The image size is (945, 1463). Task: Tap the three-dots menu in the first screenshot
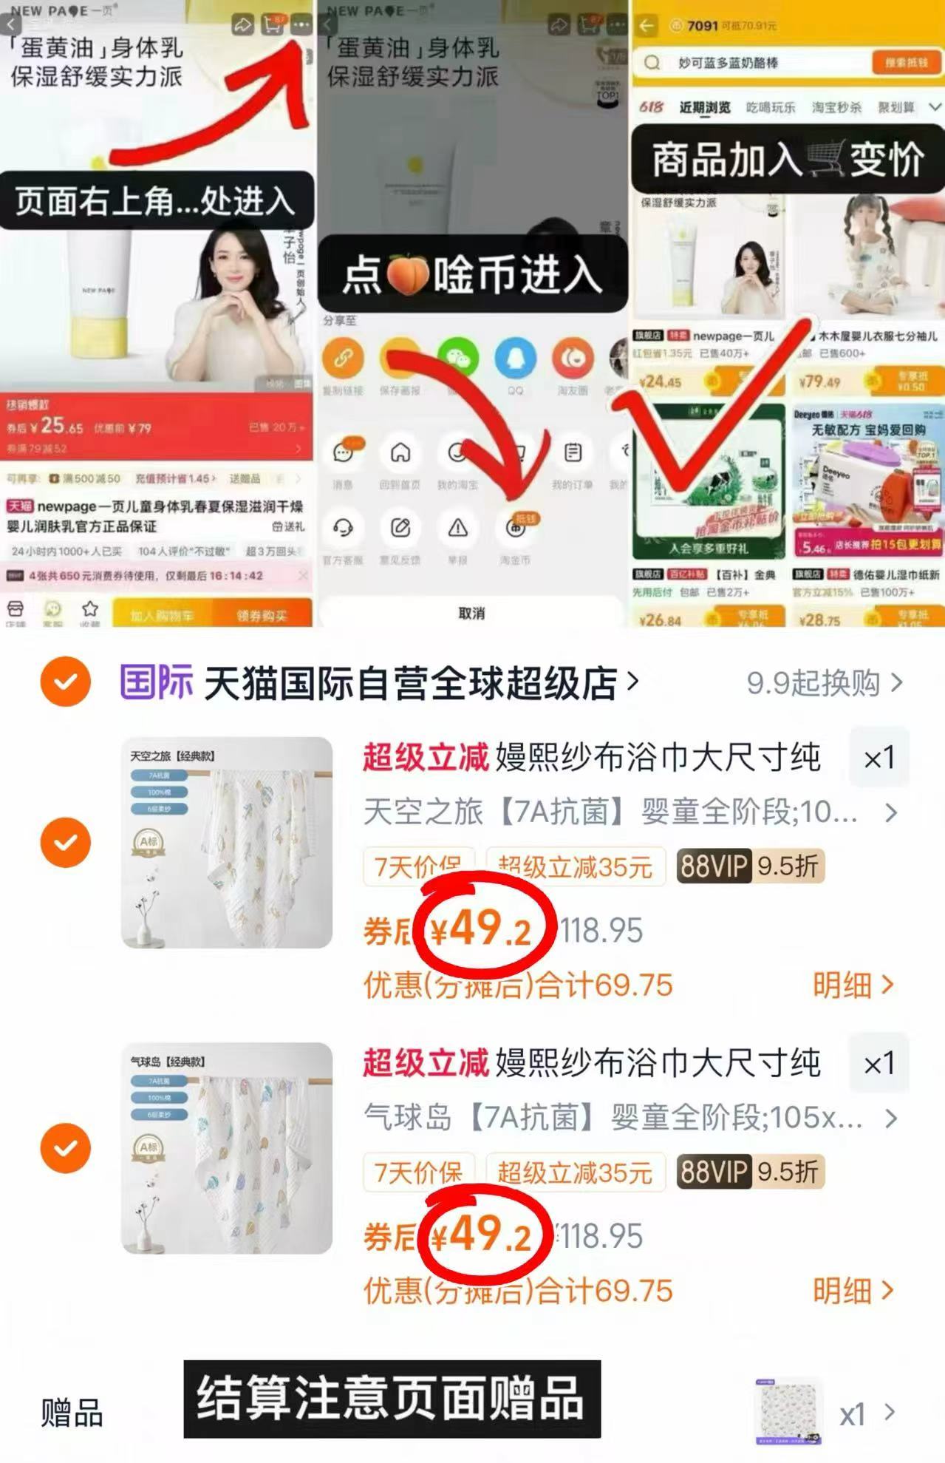pyautogui.click(x=301, y=25)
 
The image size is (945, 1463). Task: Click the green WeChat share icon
pyautogui.click(x=457, y=359)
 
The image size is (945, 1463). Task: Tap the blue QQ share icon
pyautogui.click(x=515, y=359)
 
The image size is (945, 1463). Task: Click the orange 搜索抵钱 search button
pyautogui.click(x=905, y=63)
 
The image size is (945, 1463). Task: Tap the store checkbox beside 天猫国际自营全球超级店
pyautogui.click(x=66, y=682)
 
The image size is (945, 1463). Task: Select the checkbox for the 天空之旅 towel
pyautogui.click(x=66, y=842)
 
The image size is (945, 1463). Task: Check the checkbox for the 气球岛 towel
pyautogui.click(x=66, y=1147)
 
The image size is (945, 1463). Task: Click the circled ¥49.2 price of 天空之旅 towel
pyautogui.click(x=482, y=929)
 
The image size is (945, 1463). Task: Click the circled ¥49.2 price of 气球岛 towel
pyautogui.click(x=482, y=1235)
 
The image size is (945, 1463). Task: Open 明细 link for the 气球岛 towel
pyautogui.click(x=852, y=1291)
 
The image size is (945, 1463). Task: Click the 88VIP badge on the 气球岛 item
pyautogui.click(x=714, y=1172)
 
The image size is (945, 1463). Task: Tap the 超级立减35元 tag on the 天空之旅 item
pyautogui.click(x=575, y=866)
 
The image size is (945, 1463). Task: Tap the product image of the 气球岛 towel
pyautogui.click(x=227, y=1147)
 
